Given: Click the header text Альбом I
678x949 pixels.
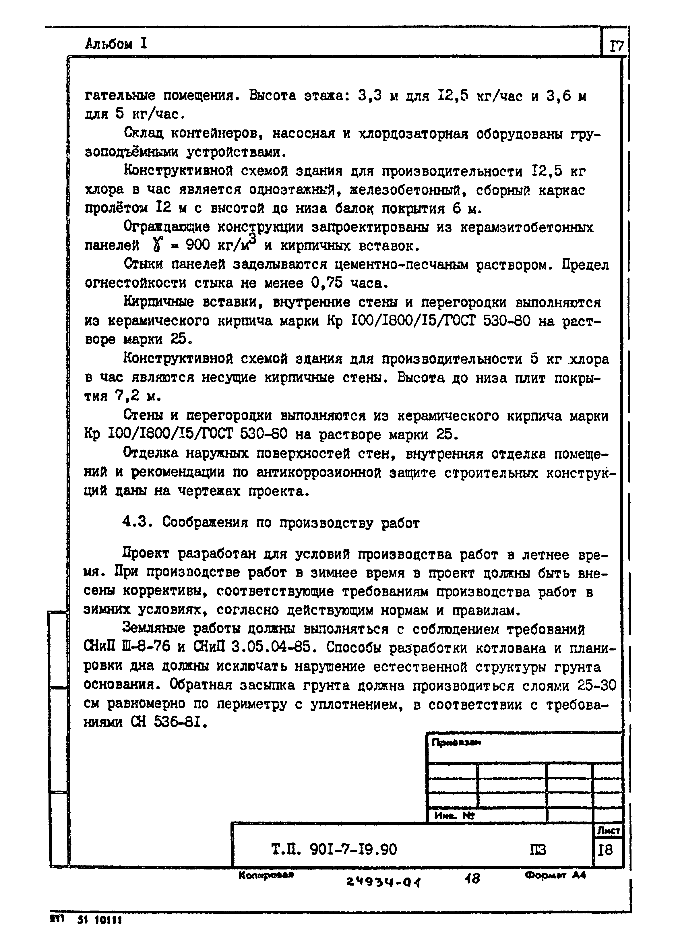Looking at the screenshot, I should (x=116, y=43).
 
